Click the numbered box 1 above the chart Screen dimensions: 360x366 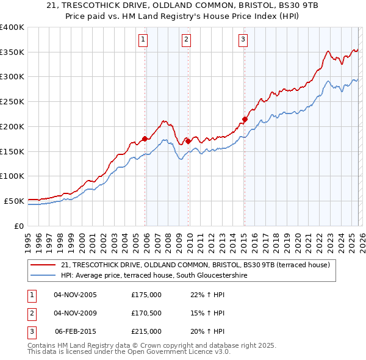[x=143, y=40]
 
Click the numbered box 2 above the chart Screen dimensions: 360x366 [x=186, y=40]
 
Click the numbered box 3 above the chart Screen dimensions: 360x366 [x=243, y=40]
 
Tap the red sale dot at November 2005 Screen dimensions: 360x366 [x=145, y=139]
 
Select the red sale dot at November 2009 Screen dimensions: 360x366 [x=188, y=141]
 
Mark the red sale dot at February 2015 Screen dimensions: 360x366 [x=245, y=119]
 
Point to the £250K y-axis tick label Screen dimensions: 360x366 [x=12, y=102]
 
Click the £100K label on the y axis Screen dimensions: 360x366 [x=12, y=176]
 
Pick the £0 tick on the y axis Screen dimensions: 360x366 [x=18, y=226]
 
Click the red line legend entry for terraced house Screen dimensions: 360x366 [x=195, y=265]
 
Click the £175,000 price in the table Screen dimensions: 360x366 [x=146, y=295]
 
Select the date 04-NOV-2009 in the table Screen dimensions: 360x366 [x=76, y=313]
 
